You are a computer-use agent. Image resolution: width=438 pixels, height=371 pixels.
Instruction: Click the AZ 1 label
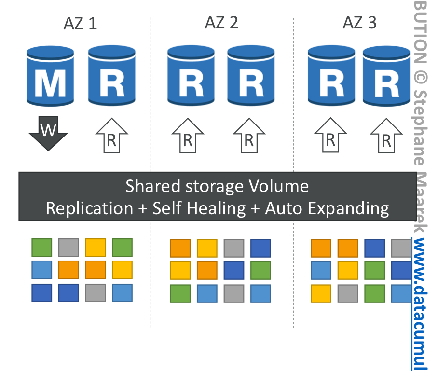[x=80, y=23]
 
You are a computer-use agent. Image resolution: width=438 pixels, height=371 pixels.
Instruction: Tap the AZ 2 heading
[x=221, y=22]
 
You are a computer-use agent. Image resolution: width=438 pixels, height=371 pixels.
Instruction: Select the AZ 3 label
[x=360, y=22]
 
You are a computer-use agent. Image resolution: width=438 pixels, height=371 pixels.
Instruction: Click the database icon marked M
[x=51, y=76]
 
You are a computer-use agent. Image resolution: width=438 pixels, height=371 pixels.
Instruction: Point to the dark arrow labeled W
[x=47, y=133]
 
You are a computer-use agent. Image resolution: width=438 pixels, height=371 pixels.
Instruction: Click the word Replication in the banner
[x=89, y=208]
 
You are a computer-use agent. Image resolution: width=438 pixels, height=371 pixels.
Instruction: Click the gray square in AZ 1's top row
[x=68, y=247]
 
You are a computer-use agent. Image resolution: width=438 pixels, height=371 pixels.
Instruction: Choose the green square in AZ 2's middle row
[x=260, y=270]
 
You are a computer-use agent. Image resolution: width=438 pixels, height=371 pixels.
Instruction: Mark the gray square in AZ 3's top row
[x=401, y=247]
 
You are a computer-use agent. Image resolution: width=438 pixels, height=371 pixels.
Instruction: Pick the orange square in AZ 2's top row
[x=180, y=248]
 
